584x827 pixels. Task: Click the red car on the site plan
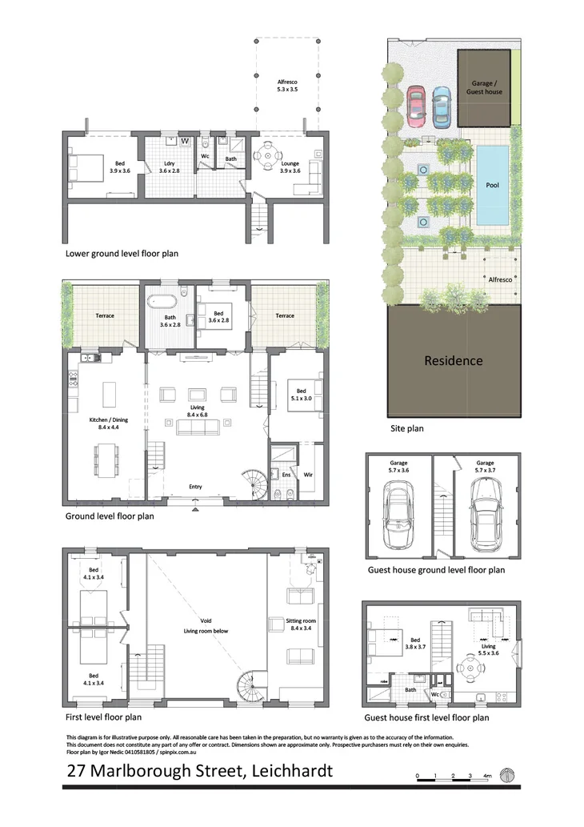pos(416,105)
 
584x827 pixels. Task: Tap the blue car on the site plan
pos(441,105)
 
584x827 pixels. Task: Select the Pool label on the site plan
pos(492,185)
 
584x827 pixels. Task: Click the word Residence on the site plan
pos(453,360)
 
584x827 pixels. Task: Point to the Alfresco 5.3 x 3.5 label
pos(287,86)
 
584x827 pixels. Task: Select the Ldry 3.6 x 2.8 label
pos(169,168)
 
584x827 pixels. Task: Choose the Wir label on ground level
pos(308,475)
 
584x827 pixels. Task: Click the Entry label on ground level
pos(195,487)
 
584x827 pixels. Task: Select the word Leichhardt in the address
pos(291,772)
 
